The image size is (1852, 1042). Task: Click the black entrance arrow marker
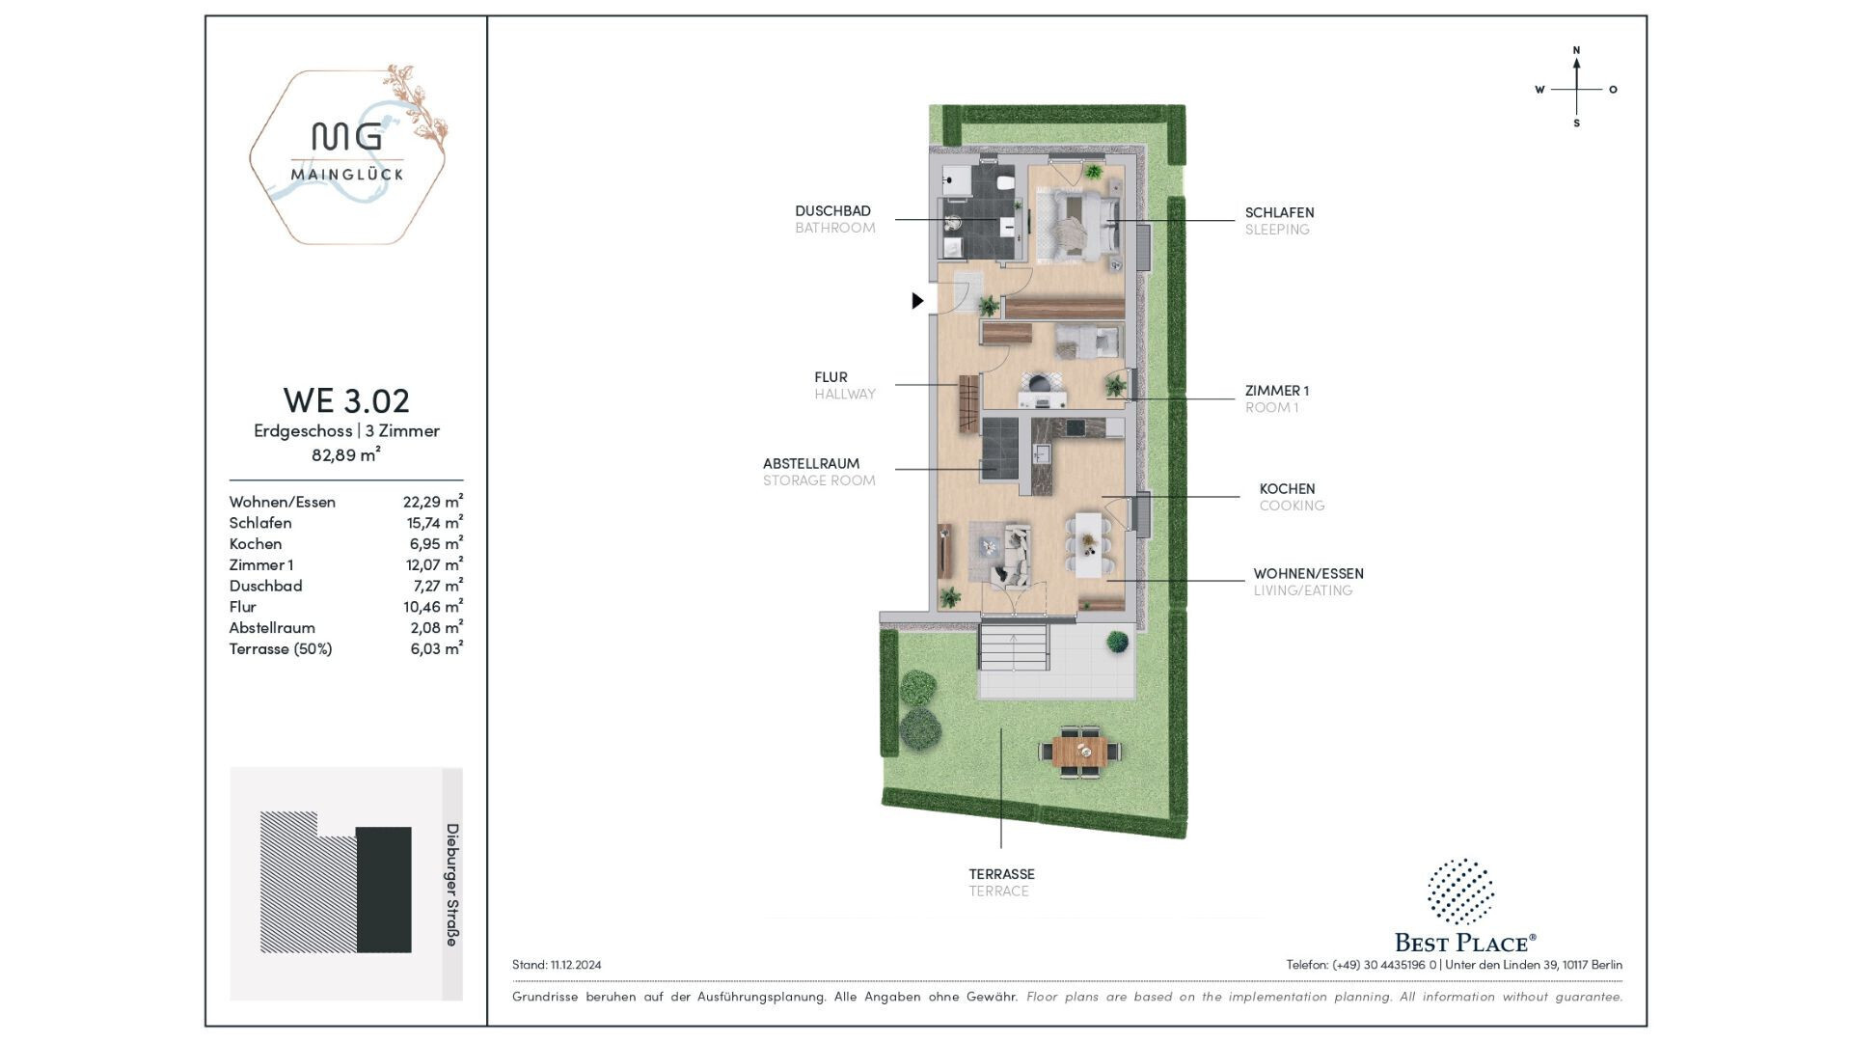click(x=917, y=301)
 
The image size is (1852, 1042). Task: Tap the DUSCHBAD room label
click(x=832, y=210)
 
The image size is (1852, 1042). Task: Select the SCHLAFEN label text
click(x=1279, y=212)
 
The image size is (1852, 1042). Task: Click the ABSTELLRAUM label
click(x=811, y=463)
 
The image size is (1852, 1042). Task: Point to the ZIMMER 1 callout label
click(x=1276, y=391)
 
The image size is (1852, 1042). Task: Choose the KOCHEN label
click(x=1287, y=489)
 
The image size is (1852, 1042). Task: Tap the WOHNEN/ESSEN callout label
click(x=1308, y=573)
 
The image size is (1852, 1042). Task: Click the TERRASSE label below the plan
click(x=1001, y=874)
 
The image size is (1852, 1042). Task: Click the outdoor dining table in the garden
click(x=1080, y=751)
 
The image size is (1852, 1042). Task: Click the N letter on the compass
click(x=1576, y=50)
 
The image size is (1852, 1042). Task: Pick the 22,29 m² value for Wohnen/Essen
click(x=433, y=501)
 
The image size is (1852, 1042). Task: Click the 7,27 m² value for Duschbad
click(x=438, y=585)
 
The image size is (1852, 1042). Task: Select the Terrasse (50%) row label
click(x=281, y=648)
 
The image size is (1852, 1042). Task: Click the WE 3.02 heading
click(x=346, y=399)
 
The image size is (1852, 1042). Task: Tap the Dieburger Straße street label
click(x=451, y=885)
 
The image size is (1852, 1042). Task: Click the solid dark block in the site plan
click(x=384, y=890)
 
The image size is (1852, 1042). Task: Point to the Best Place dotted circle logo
click(x=1460, y=891)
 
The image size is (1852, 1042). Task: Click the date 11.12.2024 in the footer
click(x=576, y=965)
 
